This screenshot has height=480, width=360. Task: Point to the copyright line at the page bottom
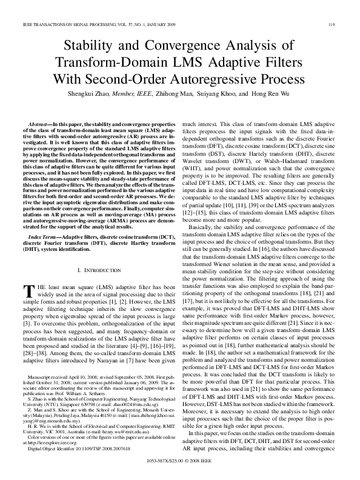tap(180, 460)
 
